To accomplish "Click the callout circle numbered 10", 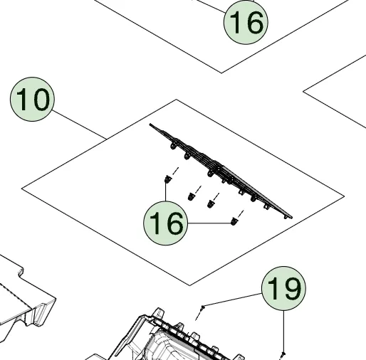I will pos(32,100).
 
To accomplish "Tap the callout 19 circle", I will pos(283,289).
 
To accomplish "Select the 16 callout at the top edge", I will pos(246,22).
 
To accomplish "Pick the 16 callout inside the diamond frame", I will pos(165,223).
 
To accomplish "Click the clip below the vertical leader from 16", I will pos(168,177).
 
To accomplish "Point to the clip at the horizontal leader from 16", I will pos(233,223).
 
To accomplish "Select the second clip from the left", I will pos(191,195).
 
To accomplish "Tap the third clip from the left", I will pos(211,203).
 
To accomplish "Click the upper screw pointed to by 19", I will pos(204,307).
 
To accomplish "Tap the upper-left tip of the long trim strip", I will pos(152,127).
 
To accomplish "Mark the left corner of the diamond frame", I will pos(23,188).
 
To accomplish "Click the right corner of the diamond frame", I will pos(345,195).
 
